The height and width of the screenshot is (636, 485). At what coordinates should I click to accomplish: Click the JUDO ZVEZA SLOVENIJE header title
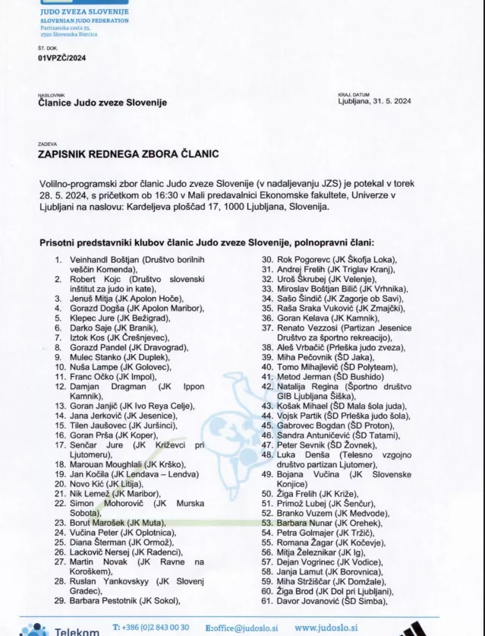tap(83, 13)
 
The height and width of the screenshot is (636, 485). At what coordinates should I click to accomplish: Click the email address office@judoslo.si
tap(243, 628)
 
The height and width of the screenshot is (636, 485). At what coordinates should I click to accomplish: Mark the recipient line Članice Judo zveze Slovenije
tap(102, 103)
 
